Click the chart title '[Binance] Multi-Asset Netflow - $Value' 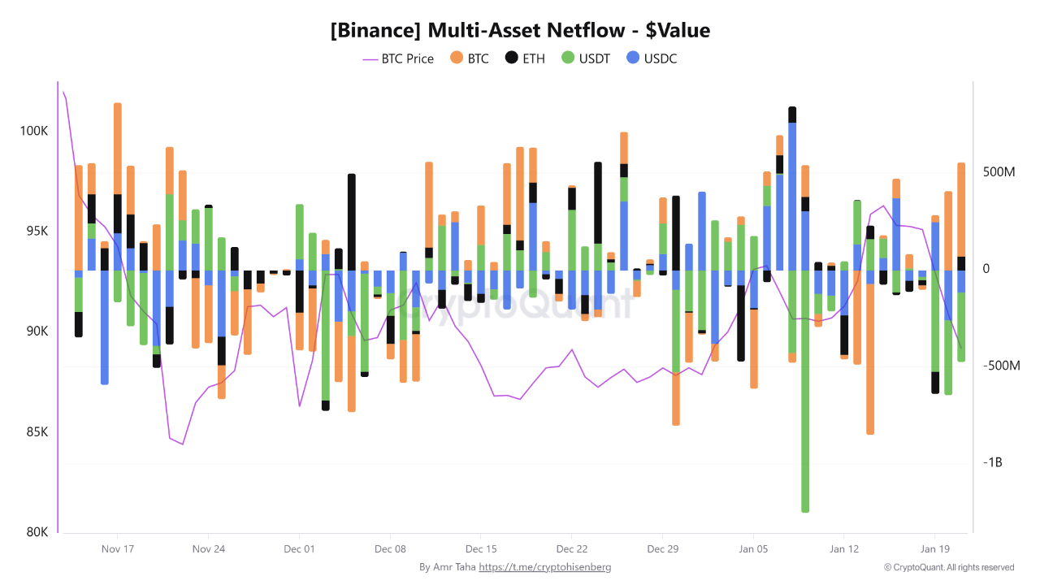520,31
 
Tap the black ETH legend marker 511,58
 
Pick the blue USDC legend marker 634,58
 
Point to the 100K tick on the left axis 34,131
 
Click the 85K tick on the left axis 37,431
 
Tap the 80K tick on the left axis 37,532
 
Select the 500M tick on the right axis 999,173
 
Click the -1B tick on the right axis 994,462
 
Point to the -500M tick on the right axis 1000,366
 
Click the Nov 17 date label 118,548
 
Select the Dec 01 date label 299,548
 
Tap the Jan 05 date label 752,548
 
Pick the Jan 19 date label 934,548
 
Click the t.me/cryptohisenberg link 544,567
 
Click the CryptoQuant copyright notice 949,567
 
